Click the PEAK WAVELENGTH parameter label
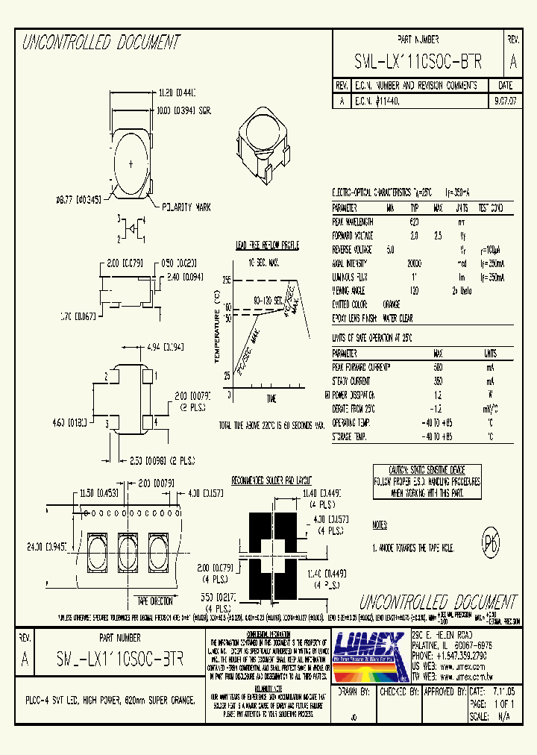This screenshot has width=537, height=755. (x=353, y=222)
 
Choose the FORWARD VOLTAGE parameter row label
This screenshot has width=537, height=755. (x=353, y=235)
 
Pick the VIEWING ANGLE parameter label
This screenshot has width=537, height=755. (x=349, y=291)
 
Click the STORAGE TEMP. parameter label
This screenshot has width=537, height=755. (x=350, y=436)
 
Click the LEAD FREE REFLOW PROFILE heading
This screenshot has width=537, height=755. (x=268, y=245)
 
